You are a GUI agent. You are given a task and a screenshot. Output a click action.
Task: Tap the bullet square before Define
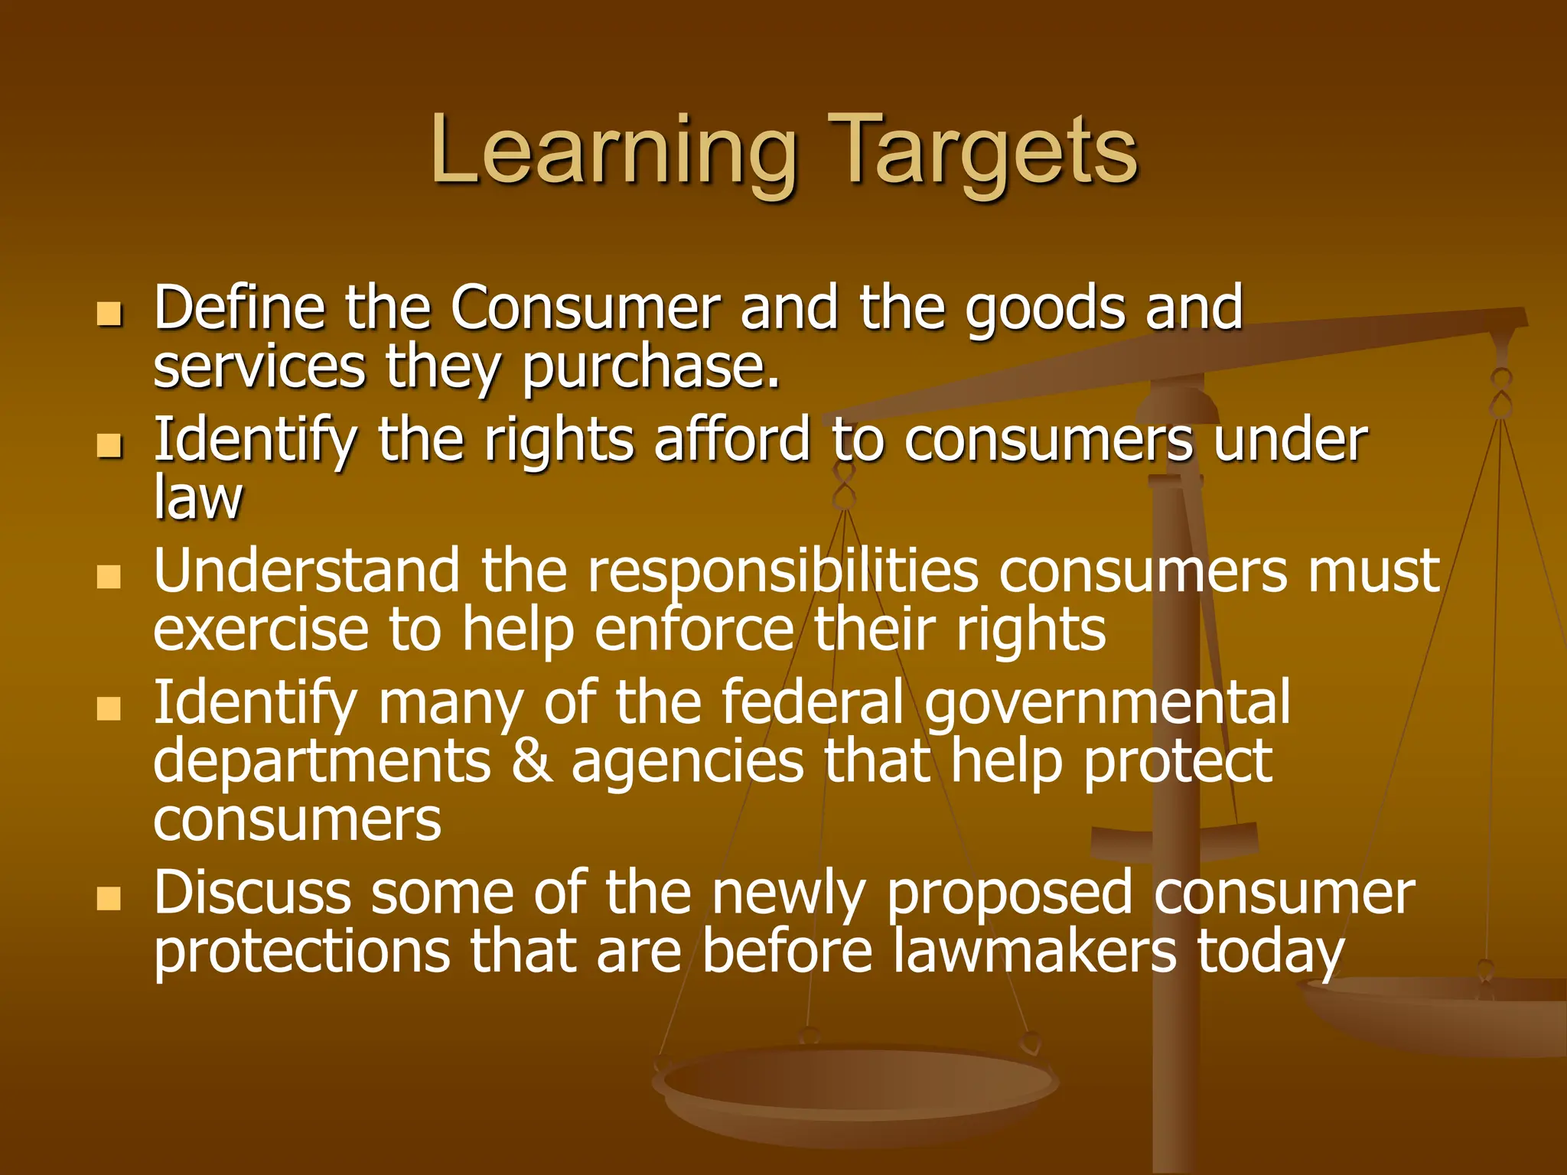coord(109,314)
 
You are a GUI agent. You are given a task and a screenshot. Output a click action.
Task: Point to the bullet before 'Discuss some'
coord(109,899)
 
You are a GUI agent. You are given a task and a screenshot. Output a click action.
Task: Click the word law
coord(197,499)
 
